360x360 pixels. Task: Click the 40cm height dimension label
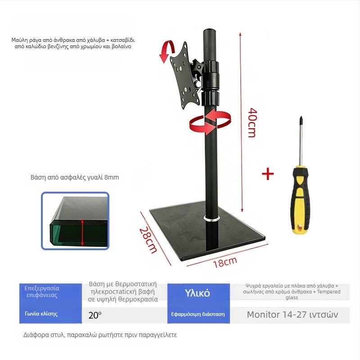(x=253, y=122)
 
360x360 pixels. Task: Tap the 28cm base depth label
(x=148, y=240)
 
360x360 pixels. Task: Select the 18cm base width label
(x=225, y=262)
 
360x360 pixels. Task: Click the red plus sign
(x=268, y=174)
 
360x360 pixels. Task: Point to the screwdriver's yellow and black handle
(x=300, y=199)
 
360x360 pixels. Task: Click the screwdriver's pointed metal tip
(x=301, y=117)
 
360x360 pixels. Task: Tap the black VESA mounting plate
(x=184, y=75)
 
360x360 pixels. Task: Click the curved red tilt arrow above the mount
(x=167, y=51)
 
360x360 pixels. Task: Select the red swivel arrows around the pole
(x=210, y=121)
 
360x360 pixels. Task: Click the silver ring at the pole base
(x=211, y=219)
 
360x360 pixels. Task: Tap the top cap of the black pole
(x=210, y=31)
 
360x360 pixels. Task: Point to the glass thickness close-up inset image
(x=75, y=220)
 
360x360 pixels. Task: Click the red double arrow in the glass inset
(x=82, y=232)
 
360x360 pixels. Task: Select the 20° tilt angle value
(x=95, y=315)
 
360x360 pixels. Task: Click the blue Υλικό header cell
(x=198, y=293)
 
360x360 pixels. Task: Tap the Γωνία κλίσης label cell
(x=50, y=314)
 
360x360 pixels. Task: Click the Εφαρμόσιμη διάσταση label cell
(x=198, y=314)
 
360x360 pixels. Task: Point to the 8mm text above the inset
(x=112, y=177)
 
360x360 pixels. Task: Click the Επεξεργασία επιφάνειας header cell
(x=50, y=292)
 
